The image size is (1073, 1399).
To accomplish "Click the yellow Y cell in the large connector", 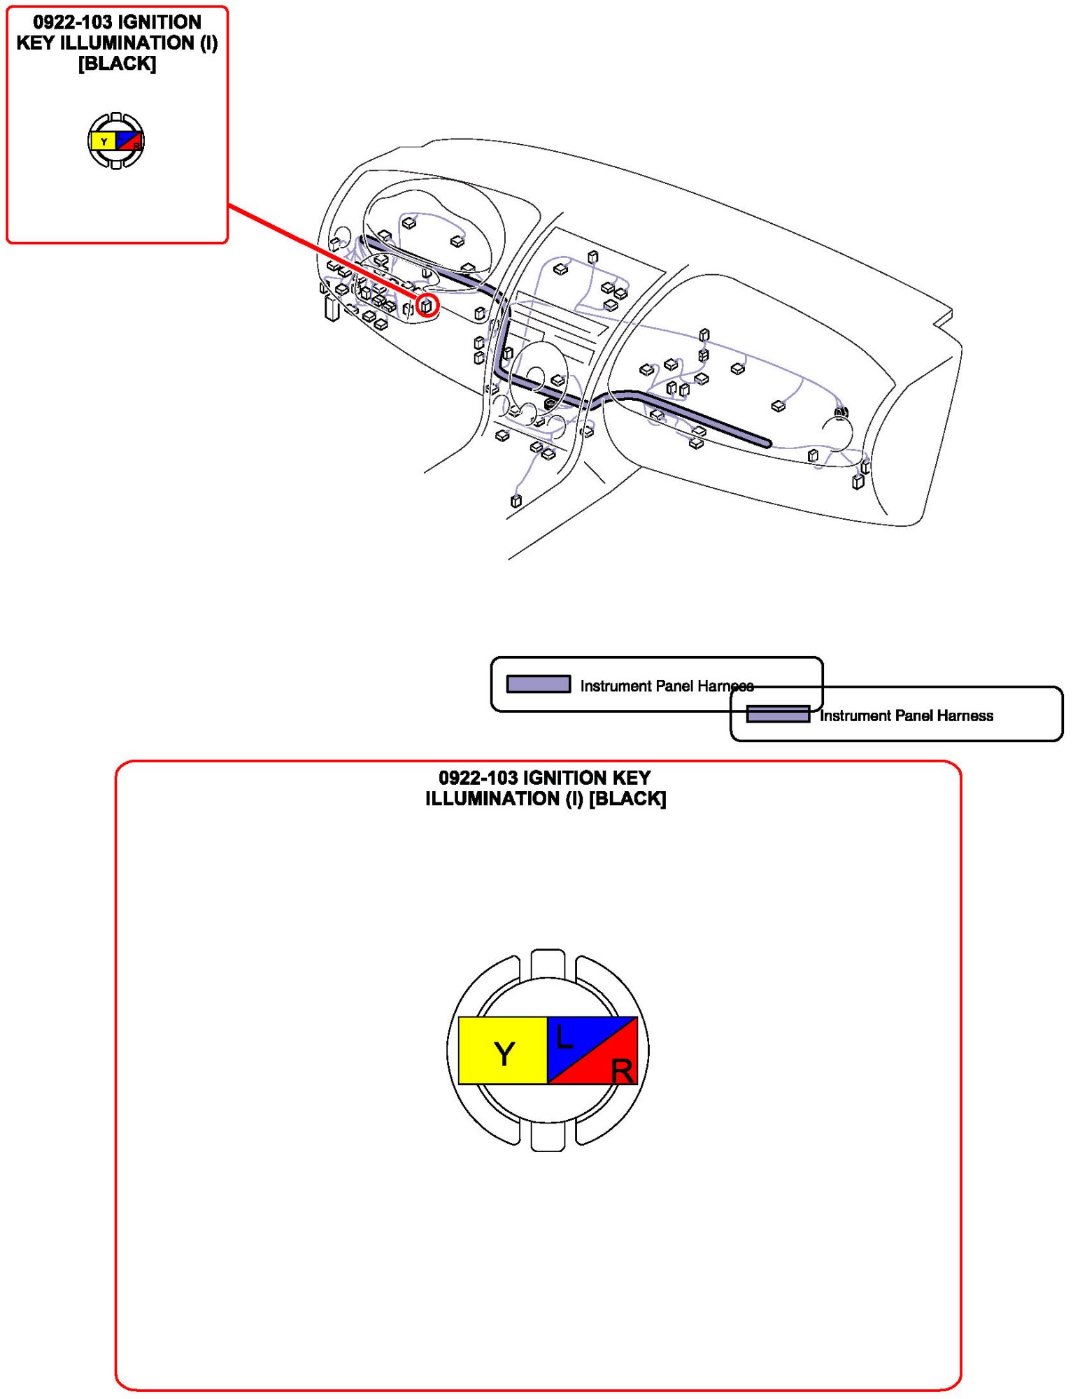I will [x=502, y=1051].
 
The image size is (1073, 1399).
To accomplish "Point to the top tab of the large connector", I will [x=548, y=964].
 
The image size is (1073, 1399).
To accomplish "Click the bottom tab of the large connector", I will [x=548, y=1137].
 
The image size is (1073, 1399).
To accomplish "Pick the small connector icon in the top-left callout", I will [x=116, y=141].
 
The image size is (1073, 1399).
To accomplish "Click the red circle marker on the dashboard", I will [x=427, y=306].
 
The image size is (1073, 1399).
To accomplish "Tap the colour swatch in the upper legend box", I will [x=538, y=684].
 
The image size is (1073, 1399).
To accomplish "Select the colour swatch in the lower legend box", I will [x=778, y=714].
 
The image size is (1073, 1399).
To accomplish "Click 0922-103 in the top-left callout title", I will [x=72, y=22].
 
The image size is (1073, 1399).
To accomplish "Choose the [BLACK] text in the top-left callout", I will [x=117, y=64].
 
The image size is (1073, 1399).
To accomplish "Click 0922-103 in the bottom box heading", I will [x=478, y=778].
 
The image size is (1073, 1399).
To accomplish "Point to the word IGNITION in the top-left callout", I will [x=159, y=22].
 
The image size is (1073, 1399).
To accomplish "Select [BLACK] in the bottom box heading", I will [x=627, y=799].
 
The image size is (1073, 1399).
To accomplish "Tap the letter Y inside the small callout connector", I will [x=104, y=142].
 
